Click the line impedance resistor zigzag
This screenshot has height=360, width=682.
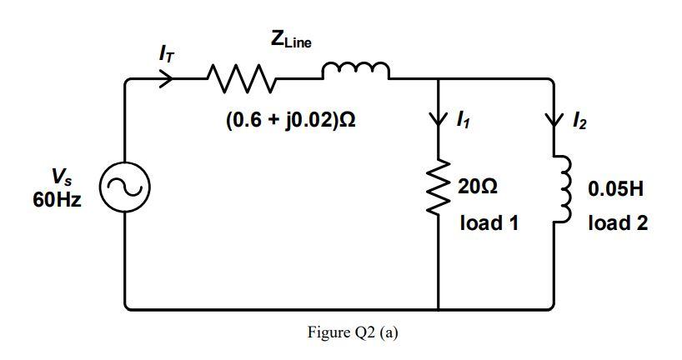tap(242, 79)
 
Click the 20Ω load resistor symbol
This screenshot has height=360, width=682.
tap(438, 190)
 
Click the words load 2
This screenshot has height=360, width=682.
tap(617, 222)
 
